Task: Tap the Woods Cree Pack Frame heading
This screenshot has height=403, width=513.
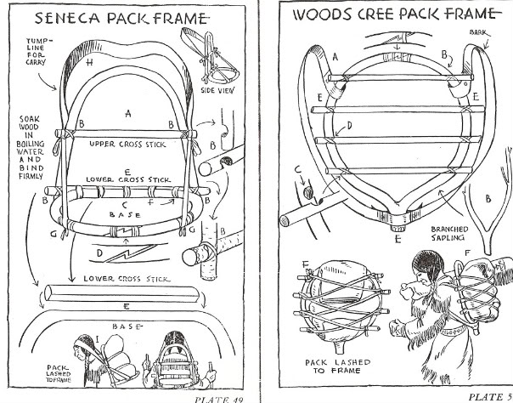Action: click(x=392, y=14)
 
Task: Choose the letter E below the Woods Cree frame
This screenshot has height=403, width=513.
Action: click(x=397, y=238)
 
